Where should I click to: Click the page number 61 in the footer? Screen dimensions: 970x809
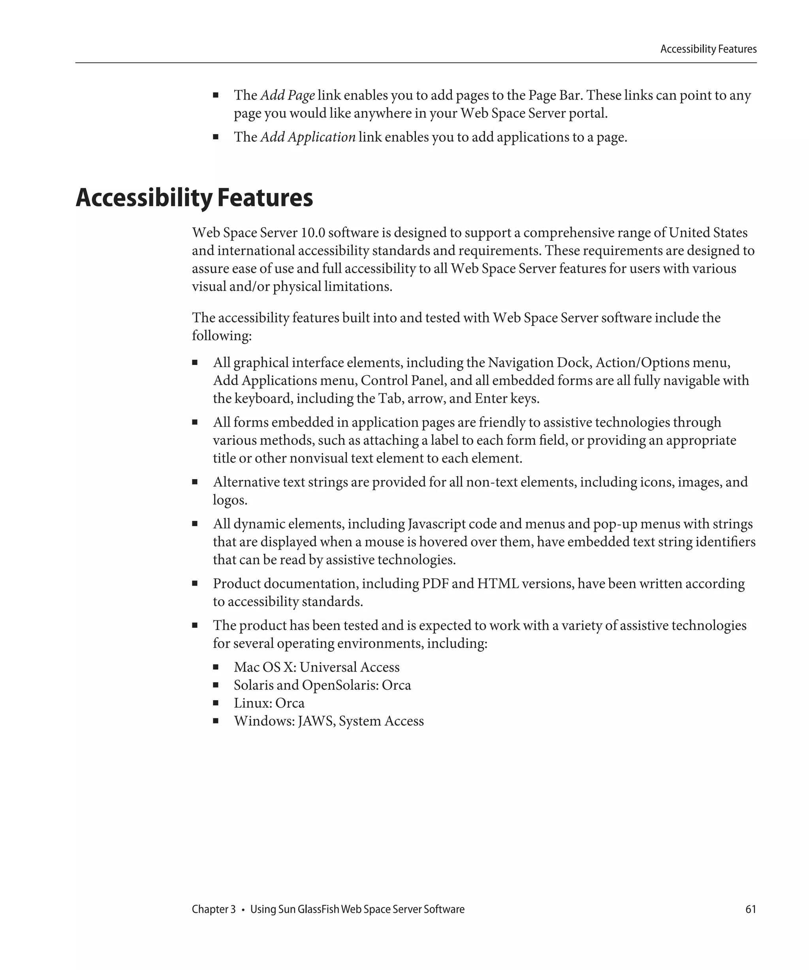coord(750,909)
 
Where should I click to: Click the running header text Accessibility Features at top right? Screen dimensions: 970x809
coord(708,49)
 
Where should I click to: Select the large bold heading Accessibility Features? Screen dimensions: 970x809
coord(194,198)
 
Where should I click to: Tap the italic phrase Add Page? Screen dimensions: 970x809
coord(287,95)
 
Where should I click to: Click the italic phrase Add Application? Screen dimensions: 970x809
coord(308,137)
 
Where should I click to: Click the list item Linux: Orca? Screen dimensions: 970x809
coord(269,703)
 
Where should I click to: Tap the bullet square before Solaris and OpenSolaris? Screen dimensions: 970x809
coord(215,685)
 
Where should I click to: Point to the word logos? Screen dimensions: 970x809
coord(230,500)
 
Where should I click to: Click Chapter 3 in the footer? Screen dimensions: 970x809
coord(214,909)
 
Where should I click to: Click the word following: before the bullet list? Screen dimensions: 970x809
coord(222,336)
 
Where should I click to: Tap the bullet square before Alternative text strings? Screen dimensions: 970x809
coord(195,482)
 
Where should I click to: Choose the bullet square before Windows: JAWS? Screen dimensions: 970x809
coord(215,721)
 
